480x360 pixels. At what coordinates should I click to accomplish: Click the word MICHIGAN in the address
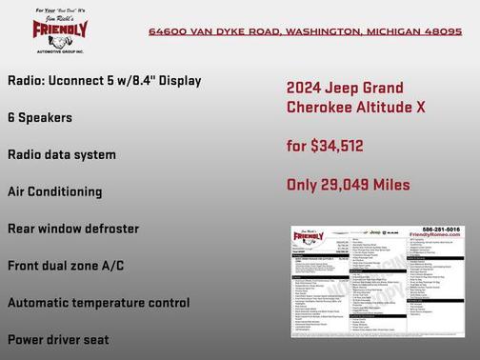pyautogui.click(x=392, y=31)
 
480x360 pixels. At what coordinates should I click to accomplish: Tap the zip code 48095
pyautogui.click(x=444, y=31)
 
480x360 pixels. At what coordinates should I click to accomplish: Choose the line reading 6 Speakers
pyautogui.click(x=40, y=117)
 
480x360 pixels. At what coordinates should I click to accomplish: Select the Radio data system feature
pyautogui.click(x=62, y=154)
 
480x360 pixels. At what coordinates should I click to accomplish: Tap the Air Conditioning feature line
pyautogui.click(x=68, y=191)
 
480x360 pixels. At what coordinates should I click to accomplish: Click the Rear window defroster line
pyautogui.click(x=73, y=229)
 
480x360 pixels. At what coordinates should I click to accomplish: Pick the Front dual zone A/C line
pyautogui.click(x=66, y=266)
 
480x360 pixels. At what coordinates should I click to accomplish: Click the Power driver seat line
pyautogui.click(x=58, y=339)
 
